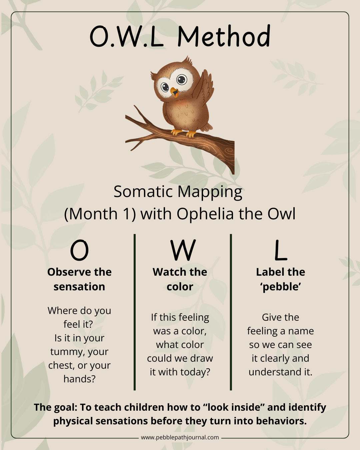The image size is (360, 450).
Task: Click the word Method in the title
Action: (x=224, y=36)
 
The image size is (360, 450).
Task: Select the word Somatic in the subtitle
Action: (x=143, y=192)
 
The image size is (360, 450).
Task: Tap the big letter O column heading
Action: (x=79, y=250)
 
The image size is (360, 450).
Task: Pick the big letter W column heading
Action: (x=183, y=250)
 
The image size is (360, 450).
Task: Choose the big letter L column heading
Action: (x=280, y=250)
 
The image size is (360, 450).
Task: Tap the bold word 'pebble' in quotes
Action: (x=281, y=287)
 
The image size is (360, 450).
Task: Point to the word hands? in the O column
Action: (x=79, y=379)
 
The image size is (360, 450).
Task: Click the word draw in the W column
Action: (x=201, y=358)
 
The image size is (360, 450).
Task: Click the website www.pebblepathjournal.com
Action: (x=180, y=437)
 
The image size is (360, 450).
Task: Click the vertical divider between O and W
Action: (x=135, y=312)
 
